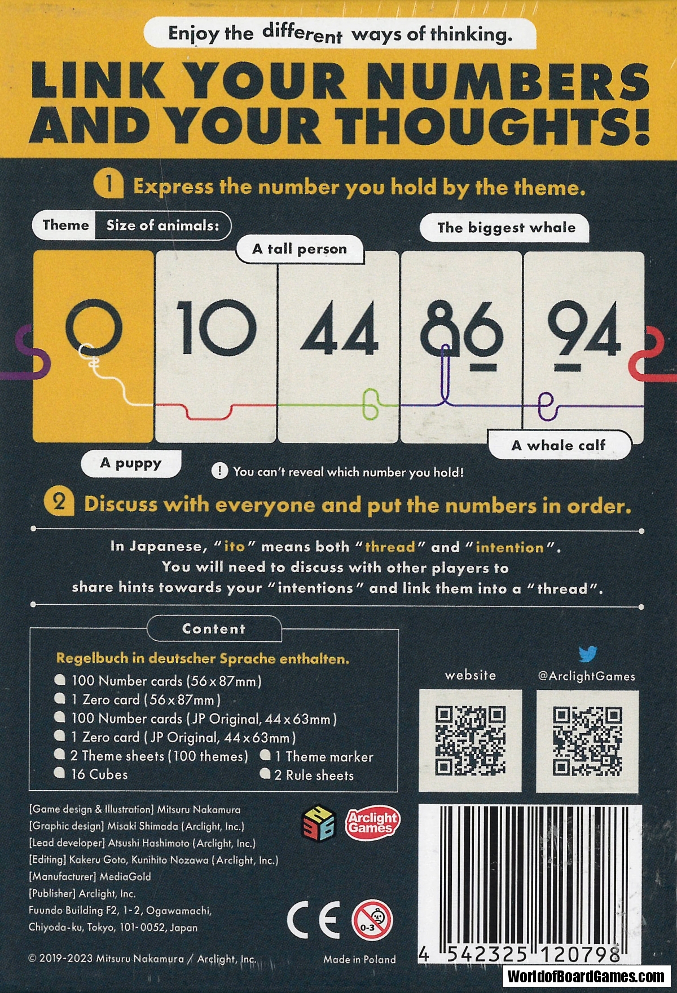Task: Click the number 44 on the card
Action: (x=340, y=329)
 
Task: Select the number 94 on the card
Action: (x=584, y=333)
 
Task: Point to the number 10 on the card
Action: (x=216, y=328)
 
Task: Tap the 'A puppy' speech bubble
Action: (x=131, y=463)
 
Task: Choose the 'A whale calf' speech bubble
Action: (x=559, y=445)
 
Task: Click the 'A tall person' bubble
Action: (x=300, y=249)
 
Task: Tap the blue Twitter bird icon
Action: (x=587, y=654)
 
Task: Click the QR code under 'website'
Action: (x=471, y=741)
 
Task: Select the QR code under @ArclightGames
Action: (x=587, y=741)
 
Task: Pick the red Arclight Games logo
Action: (x=372, y=823)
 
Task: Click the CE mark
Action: (x=314, y=920)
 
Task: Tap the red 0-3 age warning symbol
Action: (x=372, y=920)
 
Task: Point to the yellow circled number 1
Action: (x=108, y=184)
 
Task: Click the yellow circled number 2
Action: (x=59, y=502)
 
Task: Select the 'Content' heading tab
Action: (x=214, y=629)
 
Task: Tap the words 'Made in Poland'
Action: (x=359, y=959)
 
